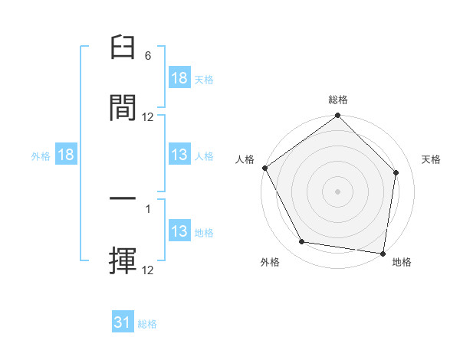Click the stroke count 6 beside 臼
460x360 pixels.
coord(148,56)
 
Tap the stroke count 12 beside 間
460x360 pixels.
coord(148,116)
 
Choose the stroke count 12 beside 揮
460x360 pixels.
coord(148,270)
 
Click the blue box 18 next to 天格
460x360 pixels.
coord(179,78)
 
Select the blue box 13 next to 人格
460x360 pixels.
coord(179,155)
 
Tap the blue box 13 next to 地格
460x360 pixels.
coord(179,231)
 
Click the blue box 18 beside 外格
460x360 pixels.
coord(66,155)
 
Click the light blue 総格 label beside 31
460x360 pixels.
coord(147,324)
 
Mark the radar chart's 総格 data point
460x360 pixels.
coord(337,116)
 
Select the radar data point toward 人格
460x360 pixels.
coord(265,168)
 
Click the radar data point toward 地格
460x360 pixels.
coord(383,253)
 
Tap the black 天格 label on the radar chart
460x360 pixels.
coord(432,159)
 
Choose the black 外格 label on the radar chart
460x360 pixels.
coord(270,262)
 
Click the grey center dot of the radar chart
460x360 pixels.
coord(337,191)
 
